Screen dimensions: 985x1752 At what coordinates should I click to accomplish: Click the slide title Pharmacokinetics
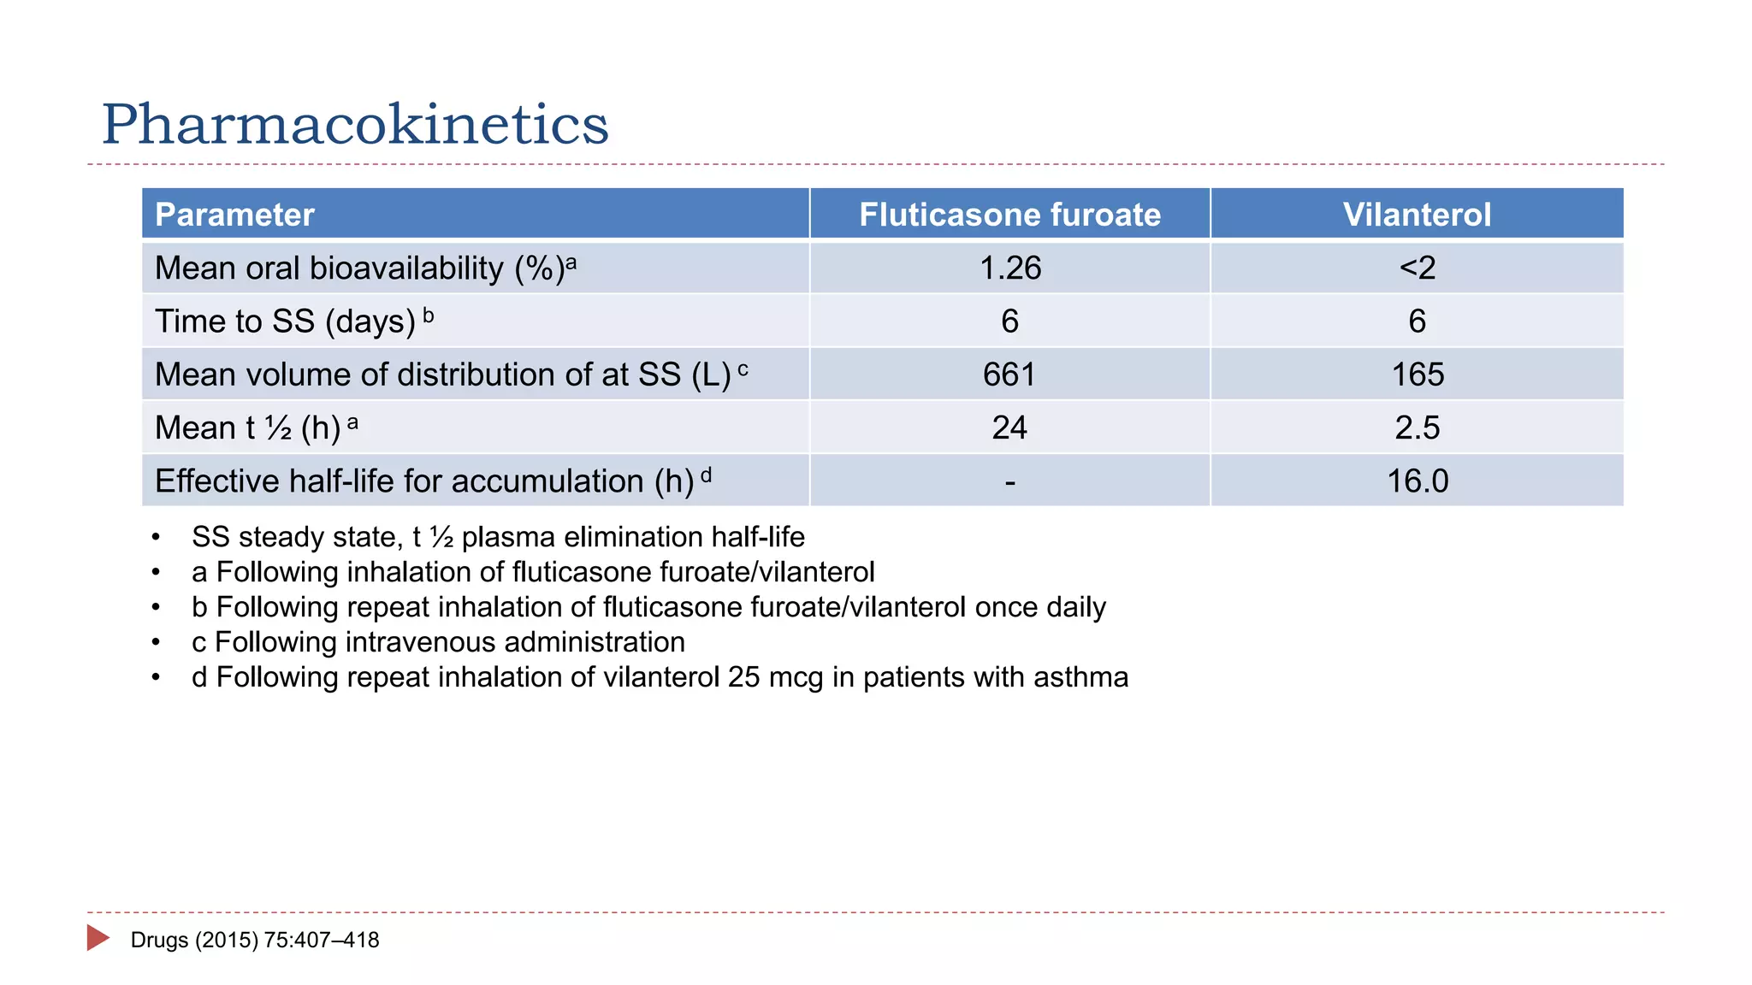coord(355,125)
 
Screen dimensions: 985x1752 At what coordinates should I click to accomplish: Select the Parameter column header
coord(234,215)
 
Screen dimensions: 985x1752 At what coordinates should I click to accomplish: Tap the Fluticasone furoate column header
coord(1009,215)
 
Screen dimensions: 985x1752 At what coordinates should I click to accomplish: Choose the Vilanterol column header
coord(1417,215)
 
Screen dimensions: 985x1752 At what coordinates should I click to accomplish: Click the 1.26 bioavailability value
coord(1009,268)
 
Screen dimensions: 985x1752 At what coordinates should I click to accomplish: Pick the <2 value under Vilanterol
coord(1417,268)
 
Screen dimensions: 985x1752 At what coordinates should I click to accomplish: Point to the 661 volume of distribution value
coord(1009,375)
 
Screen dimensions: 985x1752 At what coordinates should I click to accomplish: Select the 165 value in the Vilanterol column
coord(1417,375)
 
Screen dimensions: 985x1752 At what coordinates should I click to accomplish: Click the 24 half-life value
coord(1009,428)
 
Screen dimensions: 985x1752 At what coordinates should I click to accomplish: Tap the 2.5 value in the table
coord(1417,428)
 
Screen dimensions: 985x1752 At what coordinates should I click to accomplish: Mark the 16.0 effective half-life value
coord(1417,481)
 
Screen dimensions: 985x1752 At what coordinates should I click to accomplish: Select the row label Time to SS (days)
coord(286,321)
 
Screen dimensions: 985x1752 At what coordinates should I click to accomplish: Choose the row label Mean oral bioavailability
coord(359,268)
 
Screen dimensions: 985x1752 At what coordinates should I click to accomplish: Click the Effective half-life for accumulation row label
coord(424,481)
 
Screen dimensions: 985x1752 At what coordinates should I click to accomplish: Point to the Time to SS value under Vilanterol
coord(1417,321)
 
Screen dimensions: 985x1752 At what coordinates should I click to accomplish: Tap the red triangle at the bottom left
coord(98,938)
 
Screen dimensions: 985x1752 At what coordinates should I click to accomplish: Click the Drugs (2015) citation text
coord(255,941)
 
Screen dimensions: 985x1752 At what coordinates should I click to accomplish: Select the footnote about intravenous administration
coord(438,642)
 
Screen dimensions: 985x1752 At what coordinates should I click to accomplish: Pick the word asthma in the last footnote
coord(1080,677)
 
